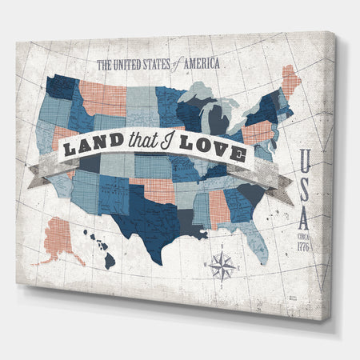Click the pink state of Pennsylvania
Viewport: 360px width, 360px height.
[258, 132]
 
